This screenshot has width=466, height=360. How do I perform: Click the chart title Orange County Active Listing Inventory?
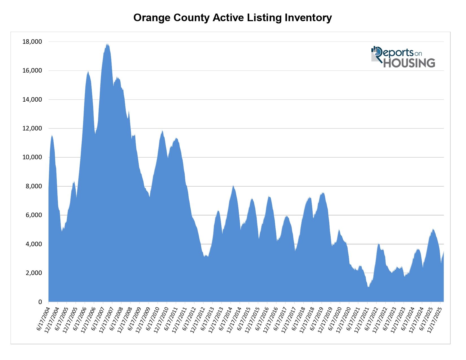[x=232, y=18]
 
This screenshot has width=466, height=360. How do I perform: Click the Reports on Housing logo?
[x=403, y=57]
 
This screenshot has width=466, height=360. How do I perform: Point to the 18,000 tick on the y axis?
[x=32, y=42]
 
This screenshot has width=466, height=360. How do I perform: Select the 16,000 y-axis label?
[x=32, y=71]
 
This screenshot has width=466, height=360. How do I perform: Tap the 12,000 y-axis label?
[x=32, y=128]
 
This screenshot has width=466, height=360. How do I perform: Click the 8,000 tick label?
[x=34, y=186]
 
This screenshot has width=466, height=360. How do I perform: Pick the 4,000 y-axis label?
[x=34, y=244]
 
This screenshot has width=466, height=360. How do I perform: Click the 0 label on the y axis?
[x=40, y=302]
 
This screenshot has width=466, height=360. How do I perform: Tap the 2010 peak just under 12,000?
[x=162, y=131]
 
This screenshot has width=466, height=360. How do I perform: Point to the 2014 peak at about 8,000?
[x=233, y=186]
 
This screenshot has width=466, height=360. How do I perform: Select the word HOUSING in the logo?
[x=409, y=63]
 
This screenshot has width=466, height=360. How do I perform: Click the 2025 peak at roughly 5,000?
[x=433, y=230]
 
